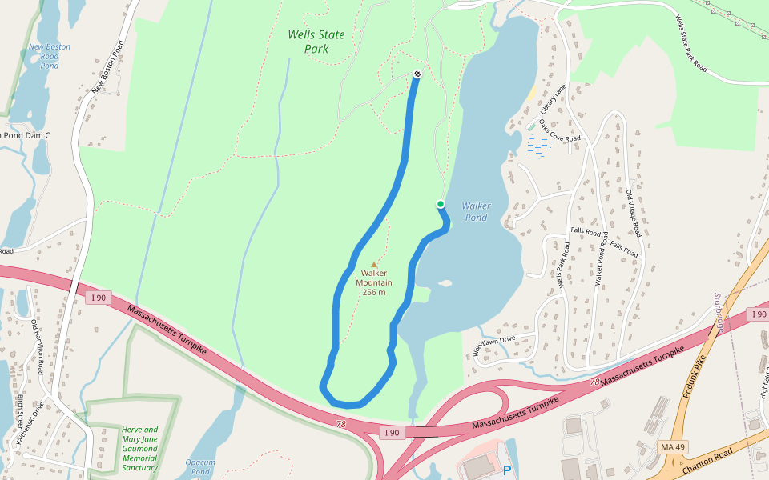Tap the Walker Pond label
[476, 211]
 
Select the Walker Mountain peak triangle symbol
[374, 265]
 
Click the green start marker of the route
[441, 204]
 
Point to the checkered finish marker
[417, 74]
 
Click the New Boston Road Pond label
[50, 56]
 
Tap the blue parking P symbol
[507, 471]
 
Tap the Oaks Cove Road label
[560, 131]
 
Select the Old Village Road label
[634, 213]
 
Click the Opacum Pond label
[200, 467]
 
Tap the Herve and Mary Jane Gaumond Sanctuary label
[140, 449]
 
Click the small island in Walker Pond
[445, 283]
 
